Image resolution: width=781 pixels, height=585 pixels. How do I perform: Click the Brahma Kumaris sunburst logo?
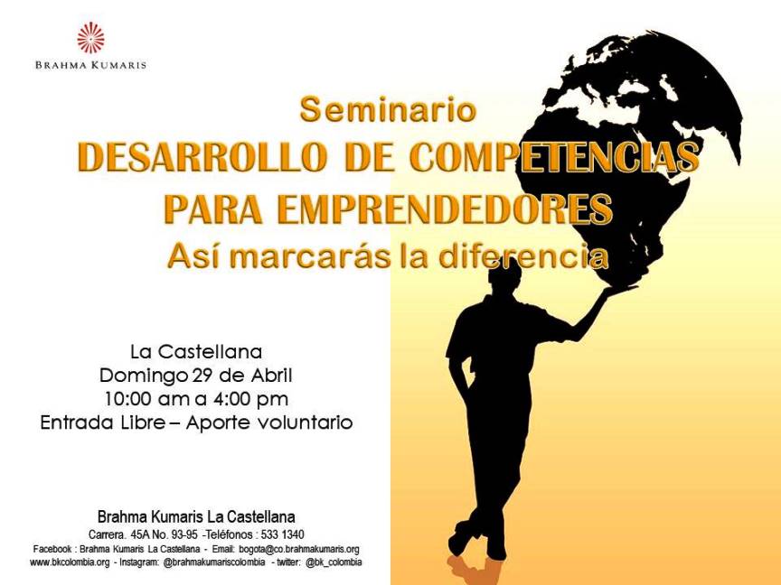pos(90,38)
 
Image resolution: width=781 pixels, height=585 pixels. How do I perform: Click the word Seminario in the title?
pos(388,109)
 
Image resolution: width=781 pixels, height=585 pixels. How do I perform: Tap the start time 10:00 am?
pos(147,398)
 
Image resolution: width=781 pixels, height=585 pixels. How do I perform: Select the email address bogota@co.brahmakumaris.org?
pos(299,549)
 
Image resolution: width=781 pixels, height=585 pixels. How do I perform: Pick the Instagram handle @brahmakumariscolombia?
pos(214,562)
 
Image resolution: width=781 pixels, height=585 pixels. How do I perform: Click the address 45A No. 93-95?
pos(165,534)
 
